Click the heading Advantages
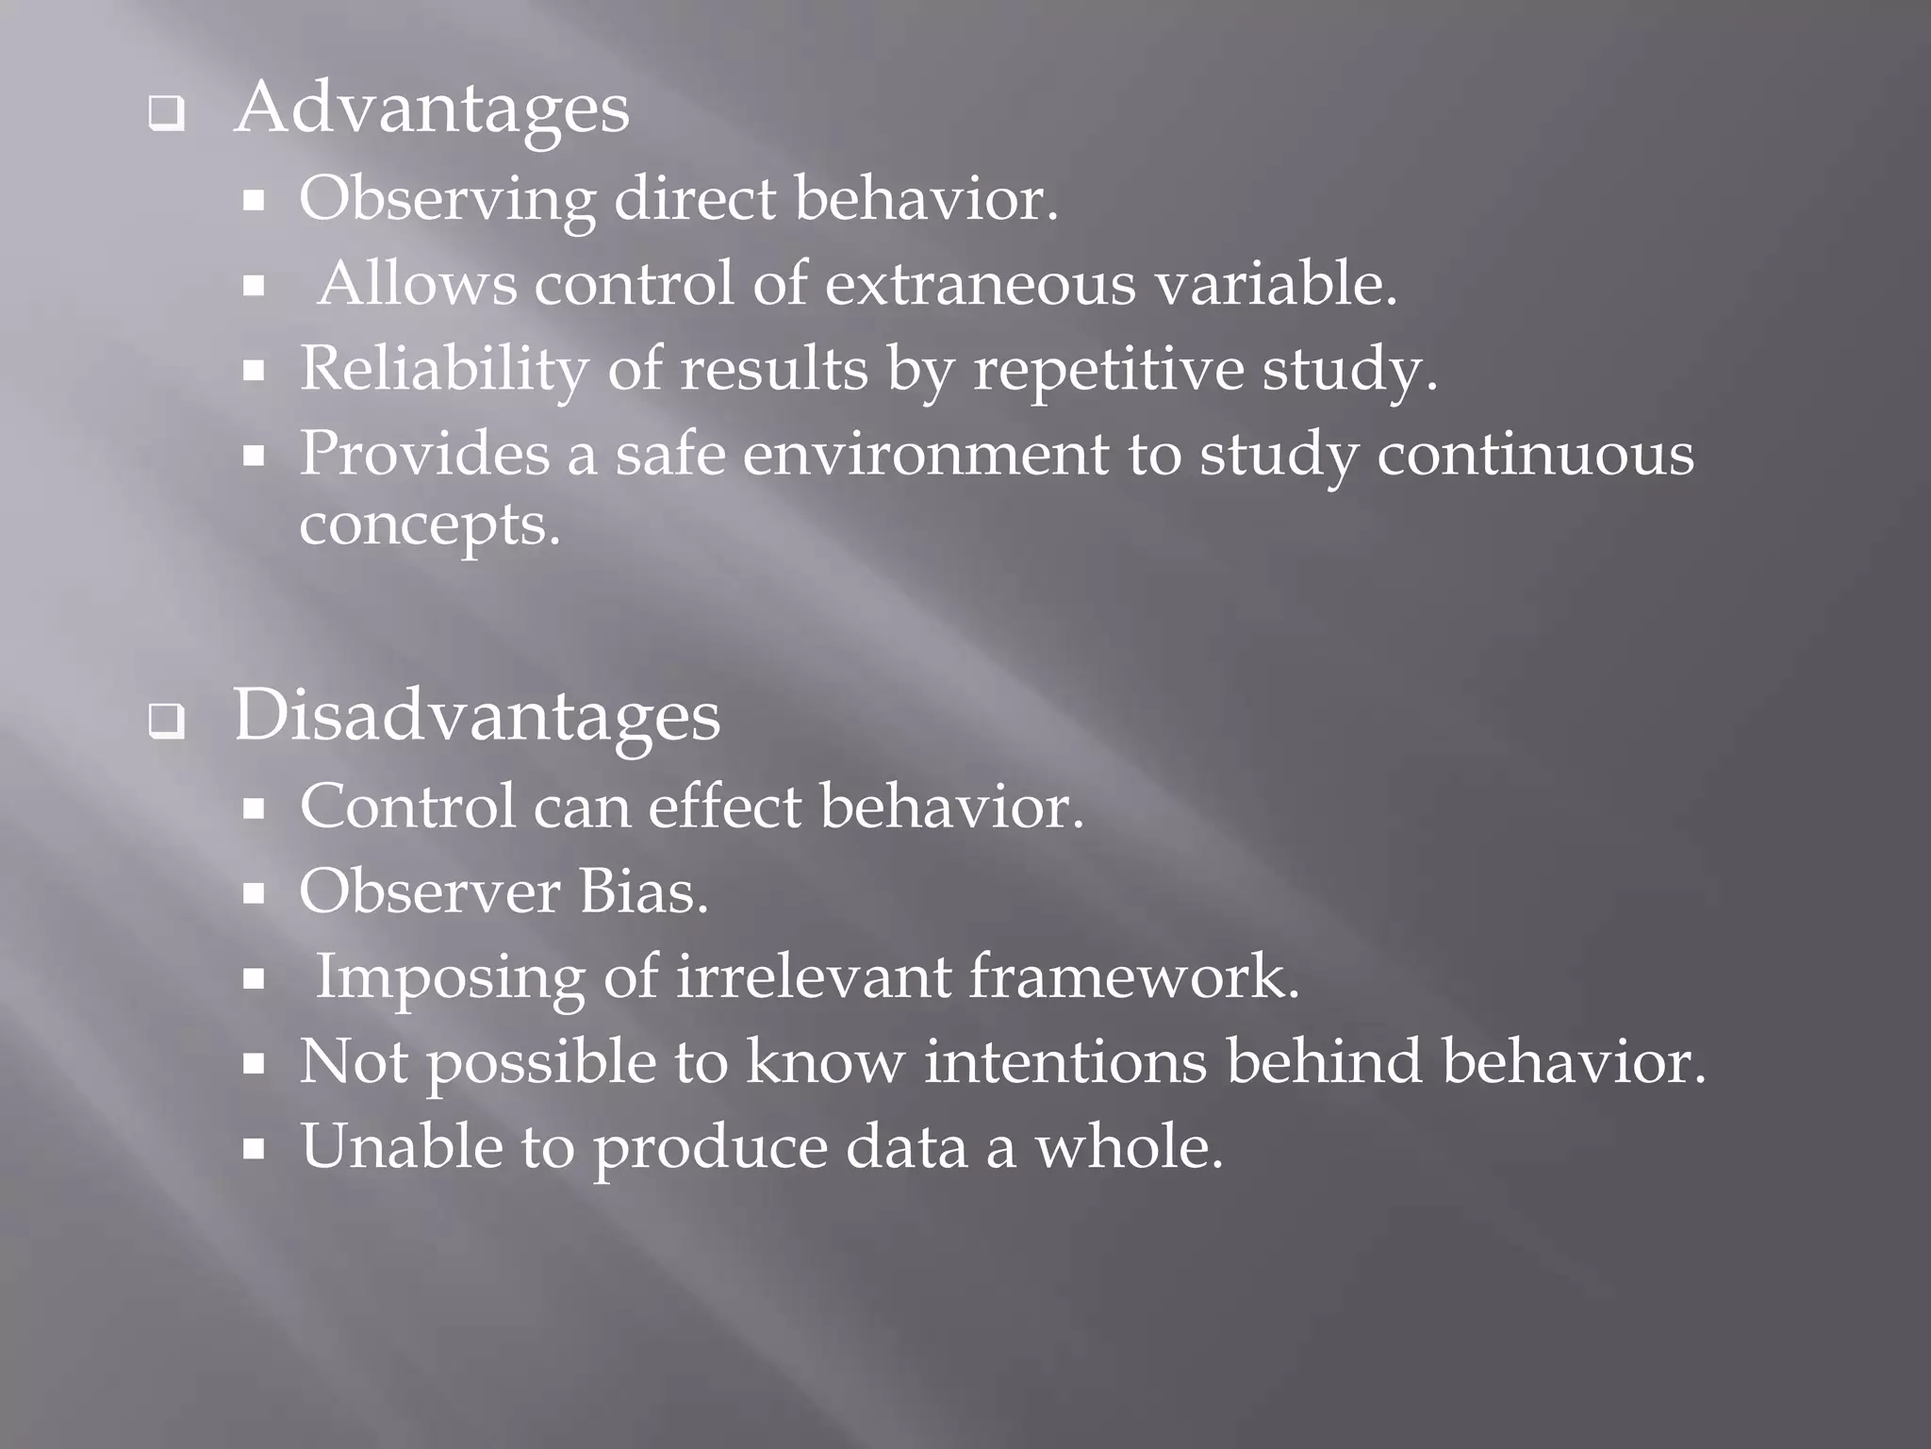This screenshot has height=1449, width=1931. coord(432,109)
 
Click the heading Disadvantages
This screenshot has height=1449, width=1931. coord(477,717)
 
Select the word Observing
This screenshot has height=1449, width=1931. coord(447,200)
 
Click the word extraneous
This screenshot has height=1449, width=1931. coord(981,284)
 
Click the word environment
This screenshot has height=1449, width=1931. coord(925,454)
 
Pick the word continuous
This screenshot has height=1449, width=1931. coord(1535,454)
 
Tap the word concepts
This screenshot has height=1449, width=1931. coord(430,525)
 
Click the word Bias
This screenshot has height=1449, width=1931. coord(643,892)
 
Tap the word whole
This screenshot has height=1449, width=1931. coord(1129,1147)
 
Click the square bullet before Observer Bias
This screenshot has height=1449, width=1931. coord(253,894)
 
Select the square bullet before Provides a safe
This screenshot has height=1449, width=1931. coord(253,457)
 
